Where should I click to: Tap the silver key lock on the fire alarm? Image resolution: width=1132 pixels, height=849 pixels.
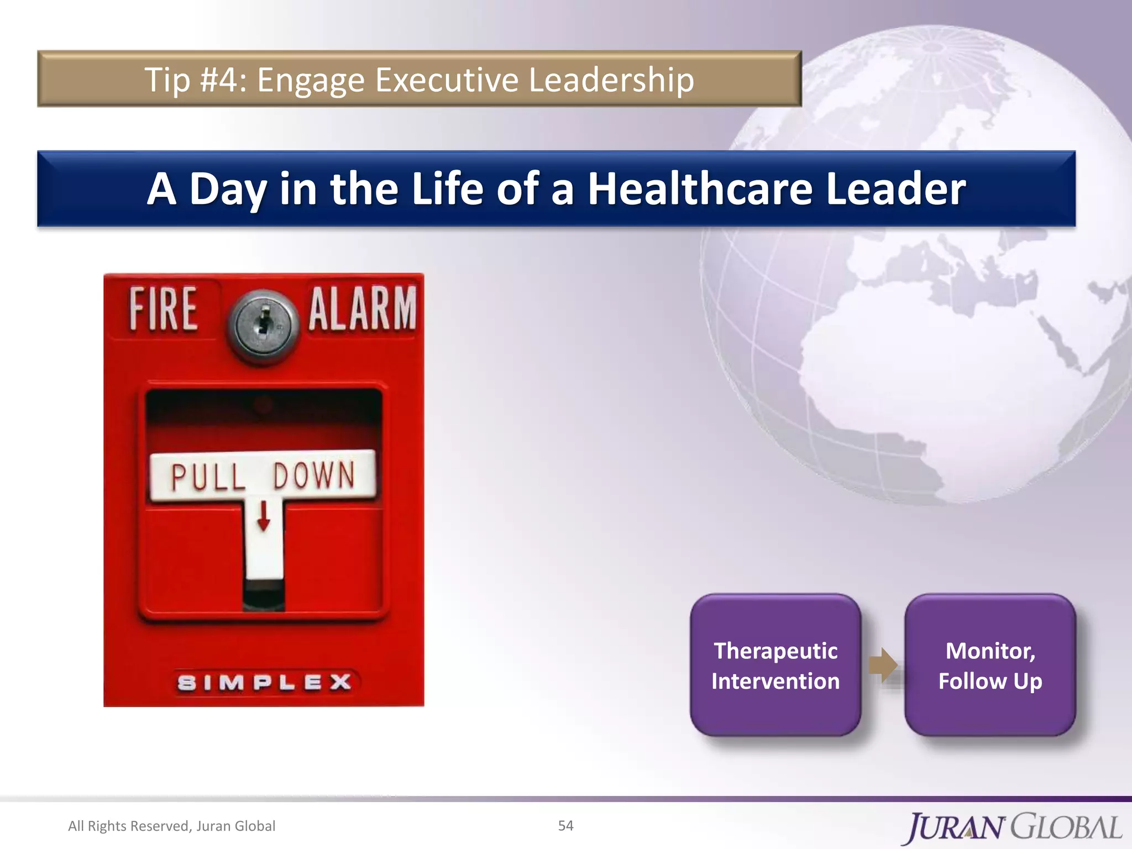pyautogui.click(x=263, y=326)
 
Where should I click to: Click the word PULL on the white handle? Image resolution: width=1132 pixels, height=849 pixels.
pyautogui.click(x=208, y=476)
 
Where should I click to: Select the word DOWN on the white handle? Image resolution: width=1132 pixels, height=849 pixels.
pyautogui.click(x=314, y=475)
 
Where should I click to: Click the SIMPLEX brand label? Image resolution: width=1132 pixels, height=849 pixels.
pyautogui.click(x=264, y=682)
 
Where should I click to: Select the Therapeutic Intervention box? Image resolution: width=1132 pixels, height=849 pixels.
pyautogui.click(x=775, y=665)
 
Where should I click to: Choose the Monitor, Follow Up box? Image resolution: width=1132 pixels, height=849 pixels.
pyautogui.click(x=990, y=665)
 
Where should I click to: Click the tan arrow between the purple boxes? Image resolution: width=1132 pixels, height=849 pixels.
pyautogui.click(x=883, y=665)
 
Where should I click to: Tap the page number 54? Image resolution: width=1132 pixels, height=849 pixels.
pyautogui.click(x=565, y=825)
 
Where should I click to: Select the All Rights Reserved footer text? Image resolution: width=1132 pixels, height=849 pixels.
pyautogui.click(x=171, y=826)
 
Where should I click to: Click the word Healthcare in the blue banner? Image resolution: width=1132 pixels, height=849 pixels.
pyautogui.click(x=699, y=189)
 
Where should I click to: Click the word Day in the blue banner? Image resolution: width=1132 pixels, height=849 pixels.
pyautogui.click(x=228, y=189)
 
